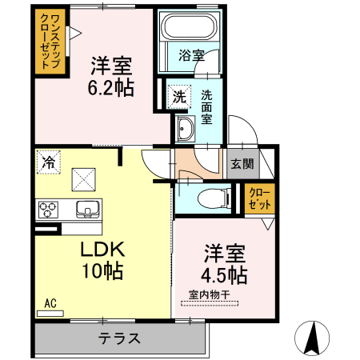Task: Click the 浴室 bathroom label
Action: [x=191, y=55]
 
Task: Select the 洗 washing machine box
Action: [x=179, y=97]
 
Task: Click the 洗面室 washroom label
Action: [x=206, y=107]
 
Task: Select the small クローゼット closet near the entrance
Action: [x=259, y=197]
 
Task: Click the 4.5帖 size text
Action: [x=224, y=276]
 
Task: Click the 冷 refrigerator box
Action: [x=49, y=162]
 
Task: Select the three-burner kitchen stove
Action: [x=49, y=210]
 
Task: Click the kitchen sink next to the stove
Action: [x=86, y=210]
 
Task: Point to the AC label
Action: [x=50, y=303]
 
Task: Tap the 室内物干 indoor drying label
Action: [x=209, y=295]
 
